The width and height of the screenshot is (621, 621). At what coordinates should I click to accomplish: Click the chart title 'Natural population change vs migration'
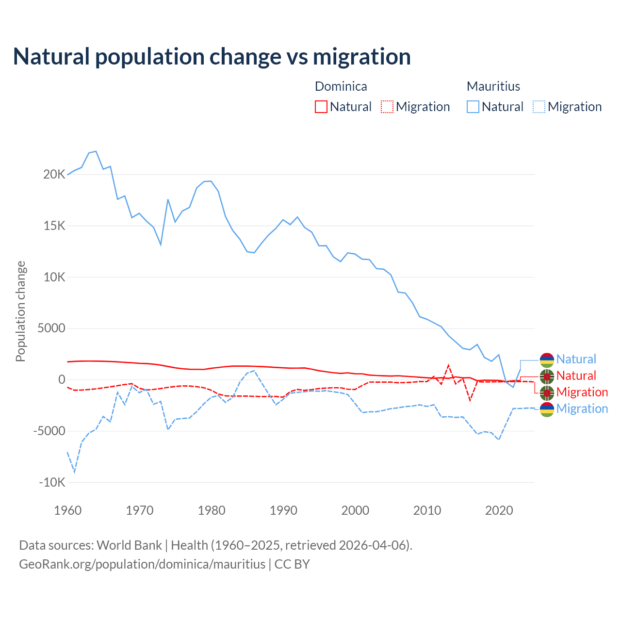pos(212,57)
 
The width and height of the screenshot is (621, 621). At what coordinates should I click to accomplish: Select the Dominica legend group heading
pos(341,86)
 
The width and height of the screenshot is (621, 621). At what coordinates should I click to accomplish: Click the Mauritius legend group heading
pos(493,86)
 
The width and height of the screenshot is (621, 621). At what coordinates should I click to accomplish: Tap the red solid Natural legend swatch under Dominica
pos(321,107)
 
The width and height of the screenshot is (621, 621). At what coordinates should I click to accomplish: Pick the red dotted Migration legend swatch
pos(387,107)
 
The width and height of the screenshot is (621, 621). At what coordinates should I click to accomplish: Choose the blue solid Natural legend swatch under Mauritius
pos(473,107)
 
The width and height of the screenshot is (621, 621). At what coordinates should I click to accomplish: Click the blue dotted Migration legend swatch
pos(539,107)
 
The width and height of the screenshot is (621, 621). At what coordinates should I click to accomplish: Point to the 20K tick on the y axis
pos(54,175)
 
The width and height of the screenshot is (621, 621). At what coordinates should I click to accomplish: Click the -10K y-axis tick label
pos(52,483)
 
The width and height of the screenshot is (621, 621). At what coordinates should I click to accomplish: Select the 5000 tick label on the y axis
pos(51,328)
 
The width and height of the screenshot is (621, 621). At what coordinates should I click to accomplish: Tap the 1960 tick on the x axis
pos(67,510)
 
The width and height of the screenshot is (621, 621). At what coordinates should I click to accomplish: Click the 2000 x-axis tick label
pos(355,510)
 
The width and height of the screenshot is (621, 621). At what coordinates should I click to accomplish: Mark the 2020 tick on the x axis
pos(499,510)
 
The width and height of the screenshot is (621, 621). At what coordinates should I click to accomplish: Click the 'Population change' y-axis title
pos(20,311)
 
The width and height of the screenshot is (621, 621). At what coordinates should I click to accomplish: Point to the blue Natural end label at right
pos(576,360)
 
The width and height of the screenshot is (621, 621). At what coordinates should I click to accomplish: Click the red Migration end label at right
pos(582,392)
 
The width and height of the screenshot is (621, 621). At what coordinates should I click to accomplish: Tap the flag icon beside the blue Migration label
pos(547,409)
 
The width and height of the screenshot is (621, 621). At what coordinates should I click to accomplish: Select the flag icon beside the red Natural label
pos(547,376)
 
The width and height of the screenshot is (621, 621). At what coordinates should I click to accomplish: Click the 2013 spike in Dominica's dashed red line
pos(448,365)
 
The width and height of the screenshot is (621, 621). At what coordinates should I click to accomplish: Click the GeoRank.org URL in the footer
pos(142,564)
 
